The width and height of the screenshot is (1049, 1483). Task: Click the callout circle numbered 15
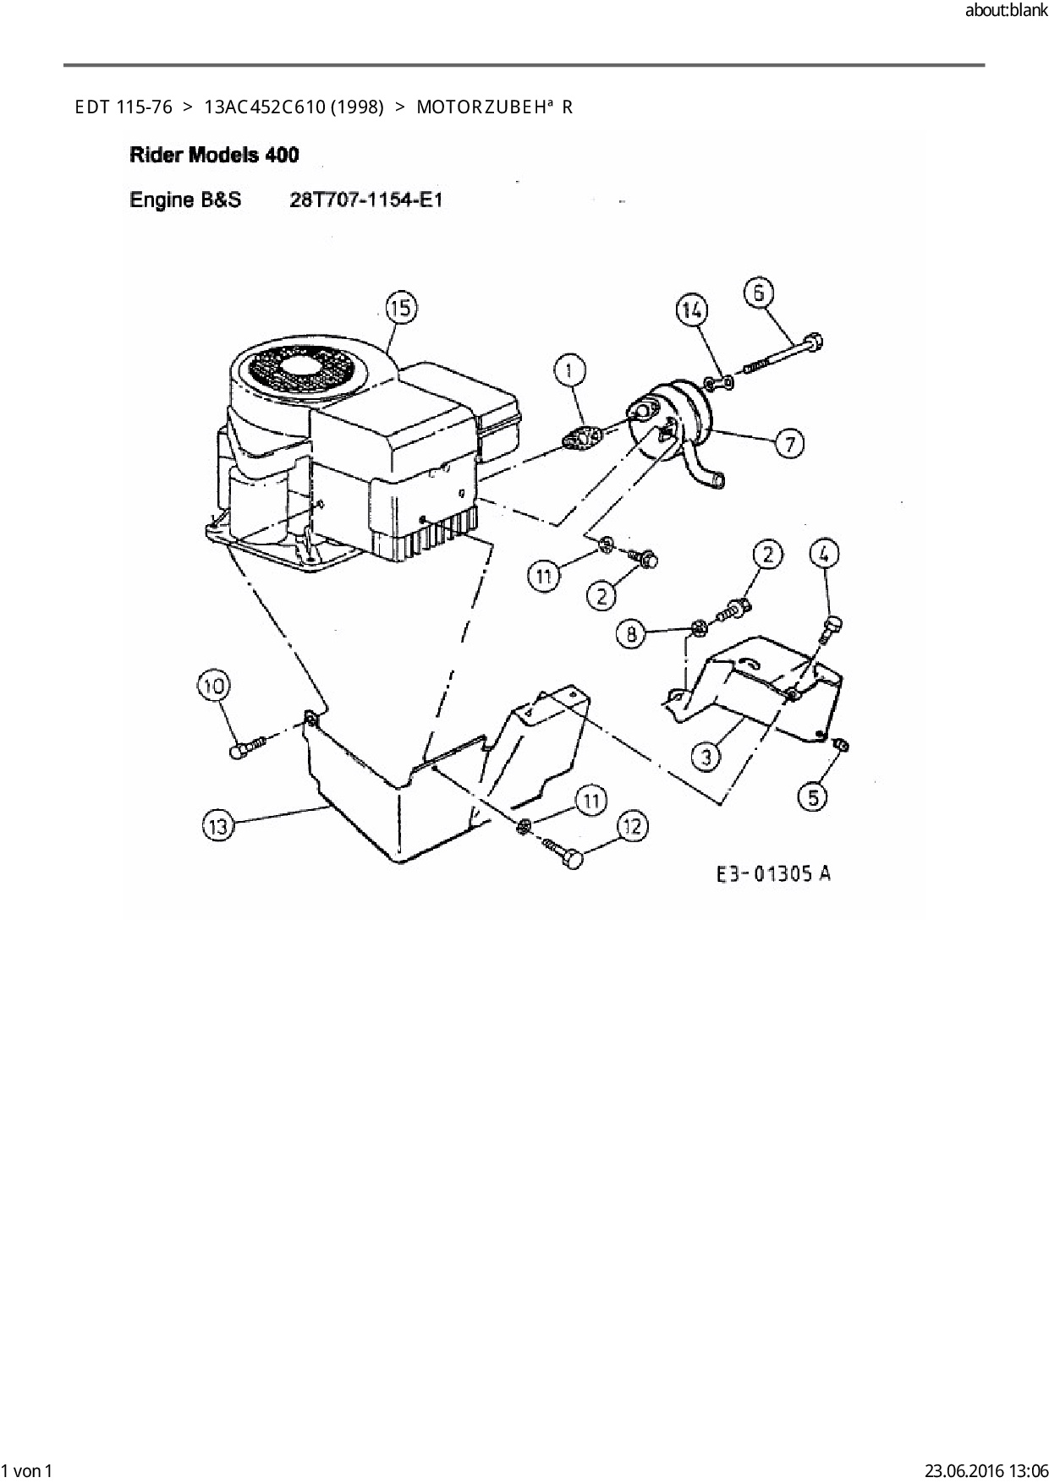pyautogui.click(x=402, y=309)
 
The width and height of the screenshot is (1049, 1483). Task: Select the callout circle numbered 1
pyautogui.click(x=569, y=370)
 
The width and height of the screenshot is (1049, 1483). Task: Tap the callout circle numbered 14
pyautogui.click(x=691, y=310)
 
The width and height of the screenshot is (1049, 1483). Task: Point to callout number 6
pyautogui.click(x=759, y=293)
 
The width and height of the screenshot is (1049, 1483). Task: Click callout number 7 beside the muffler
pyautogui.click(x=789, y=443)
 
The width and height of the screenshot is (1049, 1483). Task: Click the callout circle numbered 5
pyautogui.click(x=813, y=796)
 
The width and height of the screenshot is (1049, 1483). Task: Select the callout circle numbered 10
pyautogui.click(x=214, y=685)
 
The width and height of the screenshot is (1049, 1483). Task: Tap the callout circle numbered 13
pyautogui.click(x=218, y=825)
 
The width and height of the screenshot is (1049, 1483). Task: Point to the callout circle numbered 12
pyautogui.click(x=634, y=827)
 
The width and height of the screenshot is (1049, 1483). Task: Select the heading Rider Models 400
pyautogui.click(x=214, y=155)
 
